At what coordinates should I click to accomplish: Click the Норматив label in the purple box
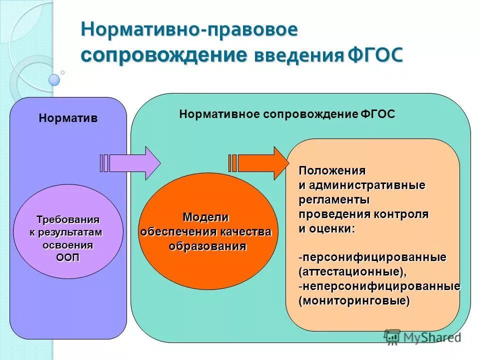68,118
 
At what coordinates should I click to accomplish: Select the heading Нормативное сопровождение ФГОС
287,114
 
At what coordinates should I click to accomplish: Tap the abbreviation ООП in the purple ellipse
67,257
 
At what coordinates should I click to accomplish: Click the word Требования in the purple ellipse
68,219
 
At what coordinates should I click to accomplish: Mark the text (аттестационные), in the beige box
352,272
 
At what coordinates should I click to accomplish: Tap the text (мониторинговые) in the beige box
354,301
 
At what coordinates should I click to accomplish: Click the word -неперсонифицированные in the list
379,286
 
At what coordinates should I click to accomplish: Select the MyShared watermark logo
422,338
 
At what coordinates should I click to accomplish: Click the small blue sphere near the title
54,80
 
